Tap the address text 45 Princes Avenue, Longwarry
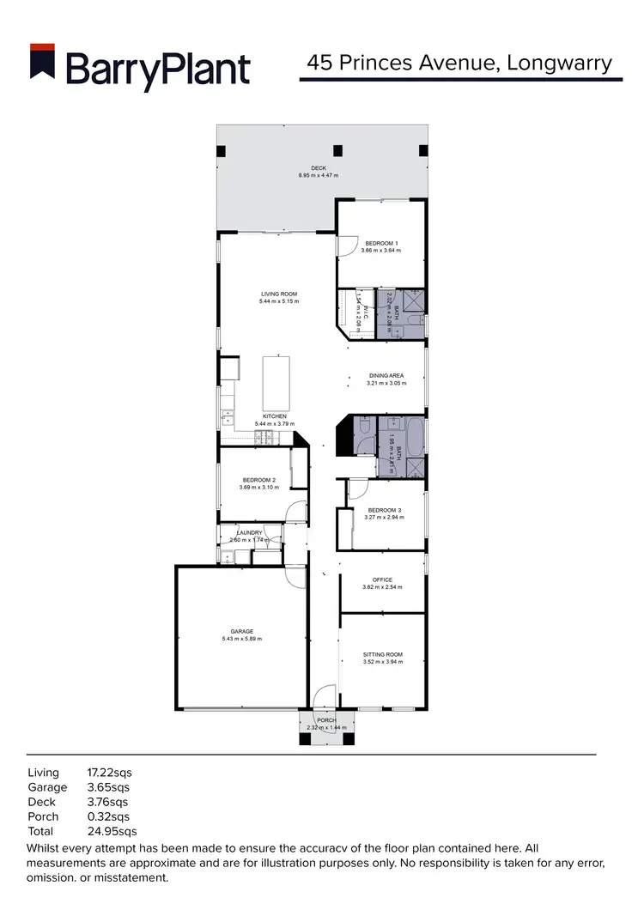(x=459, y=63)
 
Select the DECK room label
(x=318, y=167)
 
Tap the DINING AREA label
(x=386, y=375)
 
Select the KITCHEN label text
(x=276, y=416)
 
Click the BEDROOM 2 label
(x=258, y=480)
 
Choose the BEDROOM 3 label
(x=383, y=510)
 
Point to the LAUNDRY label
(x=249, y=533)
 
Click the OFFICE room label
(x=382, y=579)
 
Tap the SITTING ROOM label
(x=382, y=654)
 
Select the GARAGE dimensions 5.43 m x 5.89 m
(x=241, y=639)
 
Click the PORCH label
(x=325, y=720)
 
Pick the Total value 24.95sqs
(x=112, y=831)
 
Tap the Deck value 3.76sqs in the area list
(x=108, y=802)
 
